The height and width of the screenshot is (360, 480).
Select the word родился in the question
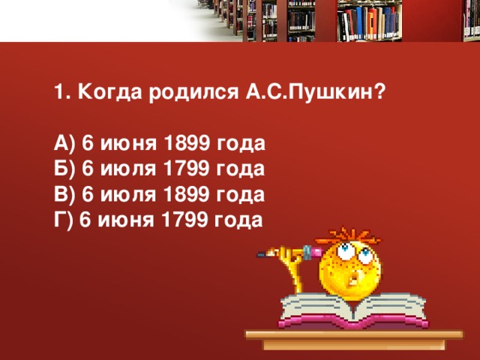[x=193, y=92]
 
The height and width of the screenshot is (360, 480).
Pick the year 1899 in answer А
[x=187, y=143]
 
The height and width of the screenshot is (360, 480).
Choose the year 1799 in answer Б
[x=187, y=168]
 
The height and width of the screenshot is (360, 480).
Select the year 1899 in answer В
[x=187, y=194]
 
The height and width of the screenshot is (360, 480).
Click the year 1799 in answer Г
[x=184, y=220]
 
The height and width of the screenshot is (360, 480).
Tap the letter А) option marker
[x=64, y=143]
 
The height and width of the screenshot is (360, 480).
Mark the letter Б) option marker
[x=64, y=169]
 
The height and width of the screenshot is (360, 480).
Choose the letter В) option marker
[x=64, y=195]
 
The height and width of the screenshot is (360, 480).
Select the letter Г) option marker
[x=63, y=220]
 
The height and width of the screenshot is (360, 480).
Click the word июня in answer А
[x=128, y=143]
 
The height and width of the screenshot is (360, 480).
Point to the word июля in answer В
[x=128, y=195]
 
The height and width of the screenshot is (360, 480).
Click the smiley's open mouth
[x=355, y=278]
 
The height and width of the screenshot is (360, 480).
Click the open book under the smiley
[x=354, y=310]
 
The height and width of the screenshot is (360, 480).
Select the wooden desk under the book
[x=354, y=340]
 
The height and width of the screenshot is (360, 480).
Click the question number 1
[x=60, y=91]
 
